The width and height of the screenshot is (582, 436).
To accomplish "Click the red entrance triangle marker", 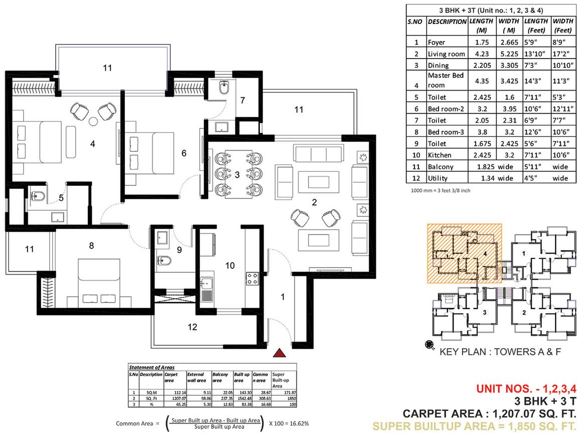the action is [x=279, y=353].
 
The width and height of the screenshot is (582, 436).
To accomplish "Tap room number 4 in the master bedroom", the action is [x=92, y=144].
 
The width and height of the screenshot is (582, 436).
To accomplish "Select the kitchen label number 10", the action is [x=230, y=266].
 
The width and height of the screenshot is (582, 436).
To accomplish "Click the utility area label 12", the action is [x=192, y=327].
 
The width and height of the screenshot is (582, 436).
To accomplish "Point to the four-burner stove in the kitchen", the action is [x=252, y=279].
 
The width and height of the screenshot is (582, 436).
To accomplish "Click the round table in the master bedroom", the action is [x=93, y=121].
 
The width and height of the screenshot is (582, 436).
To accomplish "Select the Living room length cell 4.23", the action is [x=482, y=54].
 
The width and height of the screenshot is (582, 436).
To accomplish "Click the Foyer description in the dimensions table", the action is [x=436, y=42].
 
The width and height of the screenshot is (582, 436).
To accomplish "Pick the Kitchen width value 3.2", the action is [x=509, y=155].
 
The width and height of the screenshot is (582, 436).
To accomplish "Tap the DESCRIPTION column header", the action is [x=447, y=22].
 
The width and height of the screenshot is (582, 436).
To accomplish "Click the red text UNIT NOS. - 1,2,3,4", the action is [x=526, y=388].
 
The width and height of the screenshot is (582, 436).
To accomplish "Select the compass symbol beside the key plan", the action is [x=430, y=345].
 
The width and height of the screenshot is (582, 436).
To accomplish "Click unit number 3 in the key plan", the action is [x=484, y=313].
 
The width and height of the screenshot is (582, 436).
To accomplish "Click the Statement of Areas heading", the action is [x=152, y=367].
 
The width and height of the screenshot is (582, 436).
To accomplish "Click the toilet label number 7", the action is [x=243, y=100].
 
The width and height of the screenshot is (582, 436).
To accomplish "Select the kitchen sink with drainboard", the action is [x=206, y=289].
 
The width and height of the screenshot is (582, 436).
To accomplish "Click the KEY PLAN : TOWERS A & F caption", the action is [x=500, y=352].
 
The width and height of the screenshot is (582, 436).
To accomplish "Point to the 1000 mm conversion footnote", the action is [x=440, y=190].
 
